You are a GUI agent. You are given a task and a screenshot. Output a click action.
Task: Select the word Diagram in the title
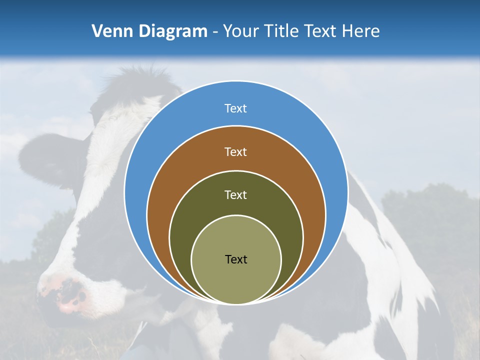[173, 31]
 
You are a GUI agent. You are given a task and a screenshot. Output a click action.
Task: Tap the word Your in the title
[240, 31]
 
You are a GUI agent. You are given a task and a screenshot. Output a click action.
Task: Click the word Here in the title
[360, 31]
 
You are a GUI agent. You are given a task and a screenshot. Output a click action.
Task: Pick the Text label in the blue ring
[235, 108]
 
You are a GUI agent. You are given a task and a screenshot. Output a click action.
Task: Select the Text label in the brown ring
[235, 152]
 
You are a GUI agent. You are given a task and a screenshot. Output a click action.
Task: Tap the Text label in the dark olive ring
[235, 195]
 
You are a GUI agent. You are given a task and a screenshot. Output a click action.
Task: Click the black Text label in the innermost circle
[236, 259]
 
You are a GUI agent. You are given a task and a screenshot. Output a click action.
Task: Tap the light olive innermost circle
[236, 280]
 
